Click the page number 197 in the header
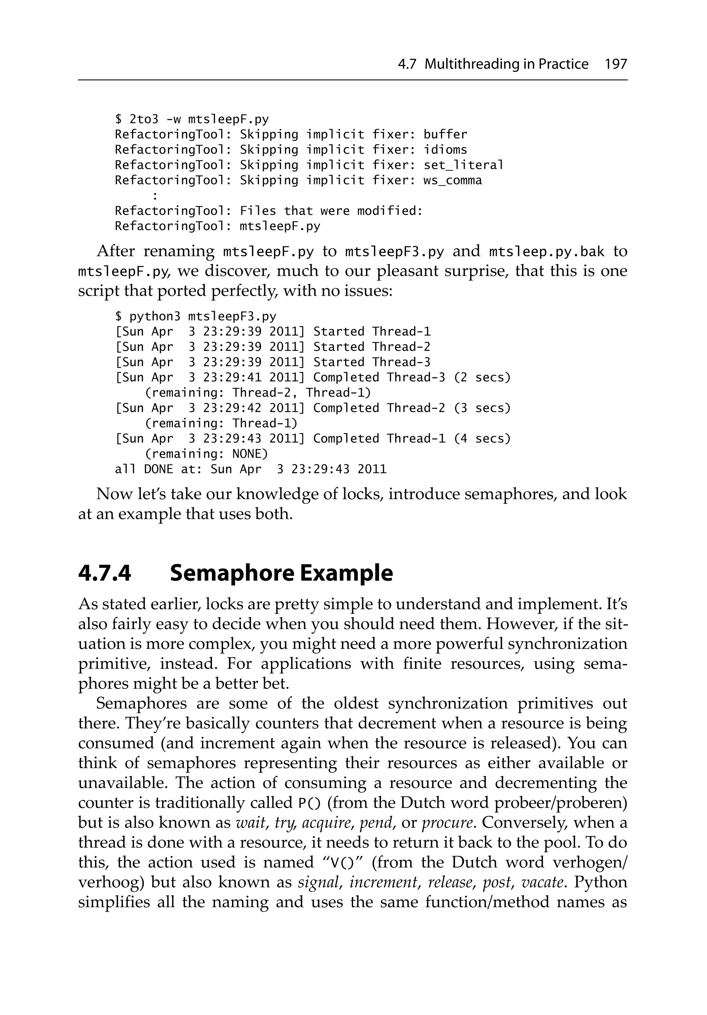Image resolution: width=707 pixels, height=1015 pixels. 616,65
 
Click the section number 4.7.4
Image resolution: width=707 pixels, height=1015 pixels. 105,573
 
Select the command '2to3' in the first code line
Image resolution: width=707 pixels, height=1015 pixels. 144,119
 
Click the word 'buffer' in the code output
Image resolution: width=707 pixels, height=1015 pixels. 445,134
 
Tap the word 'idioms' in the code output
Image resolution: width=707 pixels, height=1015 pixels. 445,150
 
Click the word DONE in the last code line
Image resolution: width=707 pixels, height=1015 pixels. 158,469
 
